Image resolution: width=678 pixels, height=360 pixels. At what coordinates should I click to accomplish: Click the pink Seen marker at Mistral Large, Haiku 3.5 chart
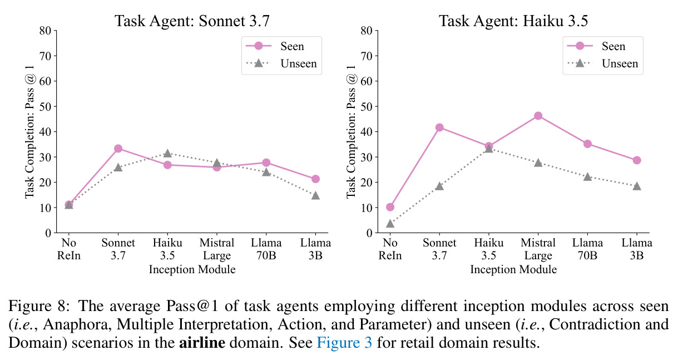pyautogui.click(x=538, y=116)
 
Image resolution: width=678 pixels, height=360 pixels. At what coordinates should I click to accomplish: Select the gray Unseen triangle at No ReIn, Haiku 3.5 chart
pyautogui.click(x=390, y=224)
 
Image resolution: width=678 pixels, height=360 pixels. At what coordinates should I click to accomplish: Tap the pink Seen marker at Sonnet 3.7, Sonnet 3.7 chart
pyautogui.click(x=118, y=149)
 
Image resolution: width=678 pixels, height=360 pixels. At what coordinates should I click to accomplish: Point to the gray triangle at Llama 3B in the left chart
pyautogui.click(x=315, y=196)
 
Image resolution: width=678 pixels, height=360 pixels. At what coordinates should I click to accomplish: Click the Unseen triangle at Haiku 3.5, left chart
pyautogui.click(x=167, y=154)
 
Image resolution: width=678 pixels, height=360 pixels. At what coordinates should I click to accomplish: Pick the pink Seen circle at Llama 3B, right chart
pyautogui.click(x=636, y=160)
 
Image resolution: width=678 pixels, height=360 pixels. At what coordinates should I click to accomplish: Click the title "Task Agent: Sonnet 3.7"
pyautogui.click(x=192, y=21)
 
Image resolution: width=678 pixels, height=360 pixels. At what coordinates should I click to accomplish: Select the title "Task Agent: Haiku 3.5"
pyautogui.click(x=513, y=21)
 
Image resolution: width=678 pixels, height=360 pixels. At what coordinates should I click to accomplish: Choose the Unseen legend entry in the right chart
pyautogui.click(x=602, y=63)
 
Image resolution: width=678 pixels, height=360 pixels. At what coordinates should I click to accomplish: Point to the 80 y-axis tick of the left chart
pyautogui.click(x=46, y=31)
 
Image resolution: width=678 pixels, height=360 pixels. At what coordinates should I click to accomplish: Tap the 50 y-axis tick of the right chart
pyautogui.click(x=367, y=107)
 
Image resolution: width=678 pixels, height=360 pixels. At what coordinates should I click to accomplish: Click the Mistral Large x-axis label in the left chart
pyautogui.click(x=217, y=249)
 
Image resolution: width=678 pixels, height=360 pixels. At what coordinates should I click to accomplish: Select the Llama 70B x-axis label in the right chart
pyautogui.click(x=587, y=249)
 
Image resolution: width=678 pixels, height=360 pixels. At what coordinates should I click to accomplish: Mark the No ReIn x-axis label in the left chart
pyautogui.click(x=69, y=249)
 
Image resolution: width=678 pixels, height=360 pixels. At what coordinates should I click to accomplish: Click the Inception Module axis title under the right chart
pyautogui.click(x=513, y=269)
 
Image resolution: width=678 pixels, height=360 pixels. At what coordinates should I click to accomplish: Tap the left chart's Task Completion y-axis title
pyautogui.click(x=29, y=132)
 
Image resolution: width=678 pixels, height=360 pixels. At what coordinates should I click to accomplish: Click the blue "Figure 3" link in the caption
pyautogui.click(x=344, y=343)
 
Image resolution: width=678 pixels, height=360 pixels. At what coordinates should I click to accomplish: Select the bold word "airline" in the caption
pyautogui.click(x=202, y=343)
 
